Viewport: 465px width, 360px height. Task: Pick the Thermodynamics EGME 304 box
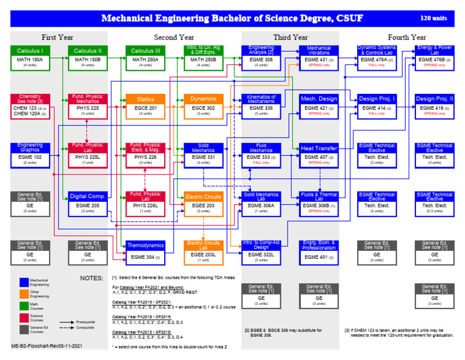click(145, 252)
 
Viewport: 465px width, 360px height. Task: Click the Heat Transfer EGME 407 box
click(318, 154)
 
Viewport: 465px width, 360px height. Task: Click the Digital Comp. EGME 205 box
click(87, 202)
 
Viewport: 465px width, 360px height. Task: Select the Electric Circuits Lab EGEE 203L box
click(203, 252)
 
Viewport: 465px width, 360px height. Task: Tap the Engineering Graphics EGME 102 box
click(29, 154)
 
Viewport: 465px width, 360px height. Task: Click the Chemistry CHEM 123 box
click(29, 105)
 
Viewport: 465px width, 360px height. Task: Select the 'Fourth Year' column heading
click(405, 37)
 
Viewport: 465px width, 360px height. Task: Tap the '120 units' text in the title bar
click(434, 18)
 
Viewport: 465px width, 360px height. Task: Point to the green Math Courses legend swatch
click(24, 307)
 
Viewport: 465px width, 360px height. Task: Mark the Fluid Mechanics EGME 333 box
click(261, 154)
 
